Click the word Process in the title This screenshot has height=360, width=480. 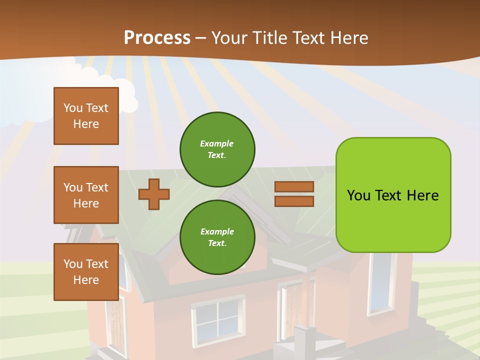pos(157,38)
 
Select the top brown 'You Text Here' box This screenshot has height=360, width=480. pos(86,116)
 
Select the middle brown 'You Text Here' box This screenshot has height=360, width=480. pos(86,195)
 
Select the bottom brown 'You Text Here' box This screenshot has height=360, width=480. pos(86,272)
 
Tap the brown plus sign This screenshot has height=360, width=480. pos(154,194)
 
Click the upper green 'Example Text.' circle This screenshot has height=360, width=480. pos(217,149)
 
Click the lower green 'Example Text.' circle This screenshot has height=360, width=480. pos(217,237)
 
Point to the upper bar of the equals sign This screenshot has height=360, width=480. pos(294,186)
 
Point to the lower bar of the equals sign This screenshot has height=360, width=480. pos(294,201)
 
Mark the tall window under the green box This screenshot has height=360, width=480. pos(381,282)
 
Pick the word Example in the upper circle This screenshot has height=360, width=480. pos(217,143)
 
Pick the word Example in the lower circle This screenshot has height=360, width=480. pos(217,231)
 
